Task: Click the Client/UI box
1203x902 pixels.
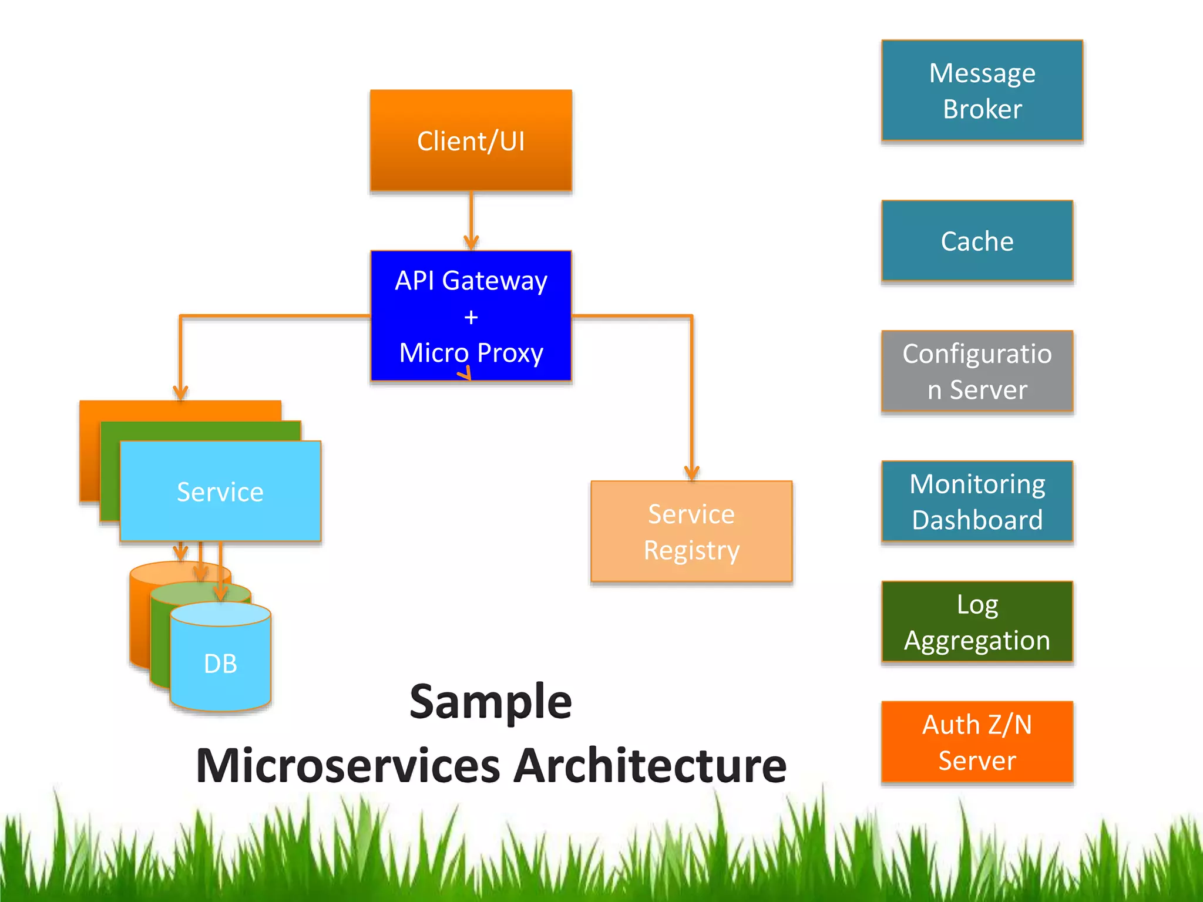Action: pos(471,140)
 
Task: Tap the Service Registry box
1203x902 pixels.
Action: pos(691,531)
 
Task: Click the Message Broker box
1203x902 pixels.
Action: pos(982,90)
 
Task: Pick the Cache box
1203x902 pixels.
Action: pos(977,241)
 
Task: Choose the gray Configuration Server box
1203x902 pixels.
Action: pos(977,371)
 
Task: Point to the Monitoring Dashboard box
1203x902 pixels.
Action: pos(977,501)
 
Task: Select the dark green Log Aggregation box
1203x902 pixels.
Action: pos(977,621)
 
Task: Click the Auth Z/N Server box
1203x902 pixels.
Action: pos(977,742)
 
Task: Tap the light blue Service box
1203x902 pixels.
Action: pos(220,491)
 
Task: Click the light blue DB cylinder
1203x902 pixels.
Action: pos(220,664)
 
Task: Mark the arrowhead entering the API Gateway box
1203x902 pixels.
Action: pos(471,243)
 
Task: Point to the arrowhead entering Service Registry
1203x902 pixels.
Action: pos(692,473)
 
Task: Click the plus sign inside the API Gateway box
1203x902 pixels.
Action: pos(471,318)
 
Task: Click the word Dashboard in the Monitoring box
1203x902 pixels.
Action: pos(977,520)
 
